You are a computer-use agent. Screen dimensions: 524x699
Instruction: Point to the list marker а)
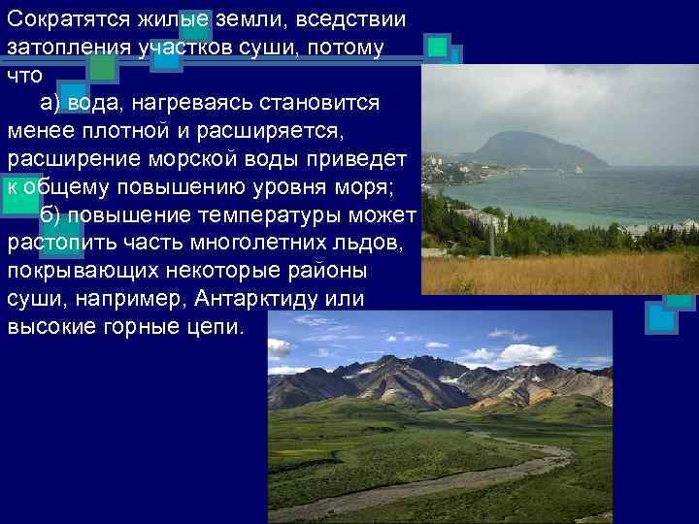tap(53, 103)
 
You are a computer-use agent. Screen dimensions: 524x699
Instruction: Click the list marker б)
tap(53, 213)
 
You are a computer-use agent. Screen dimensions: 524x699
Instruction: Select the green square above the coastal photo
tap(438, 46)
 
